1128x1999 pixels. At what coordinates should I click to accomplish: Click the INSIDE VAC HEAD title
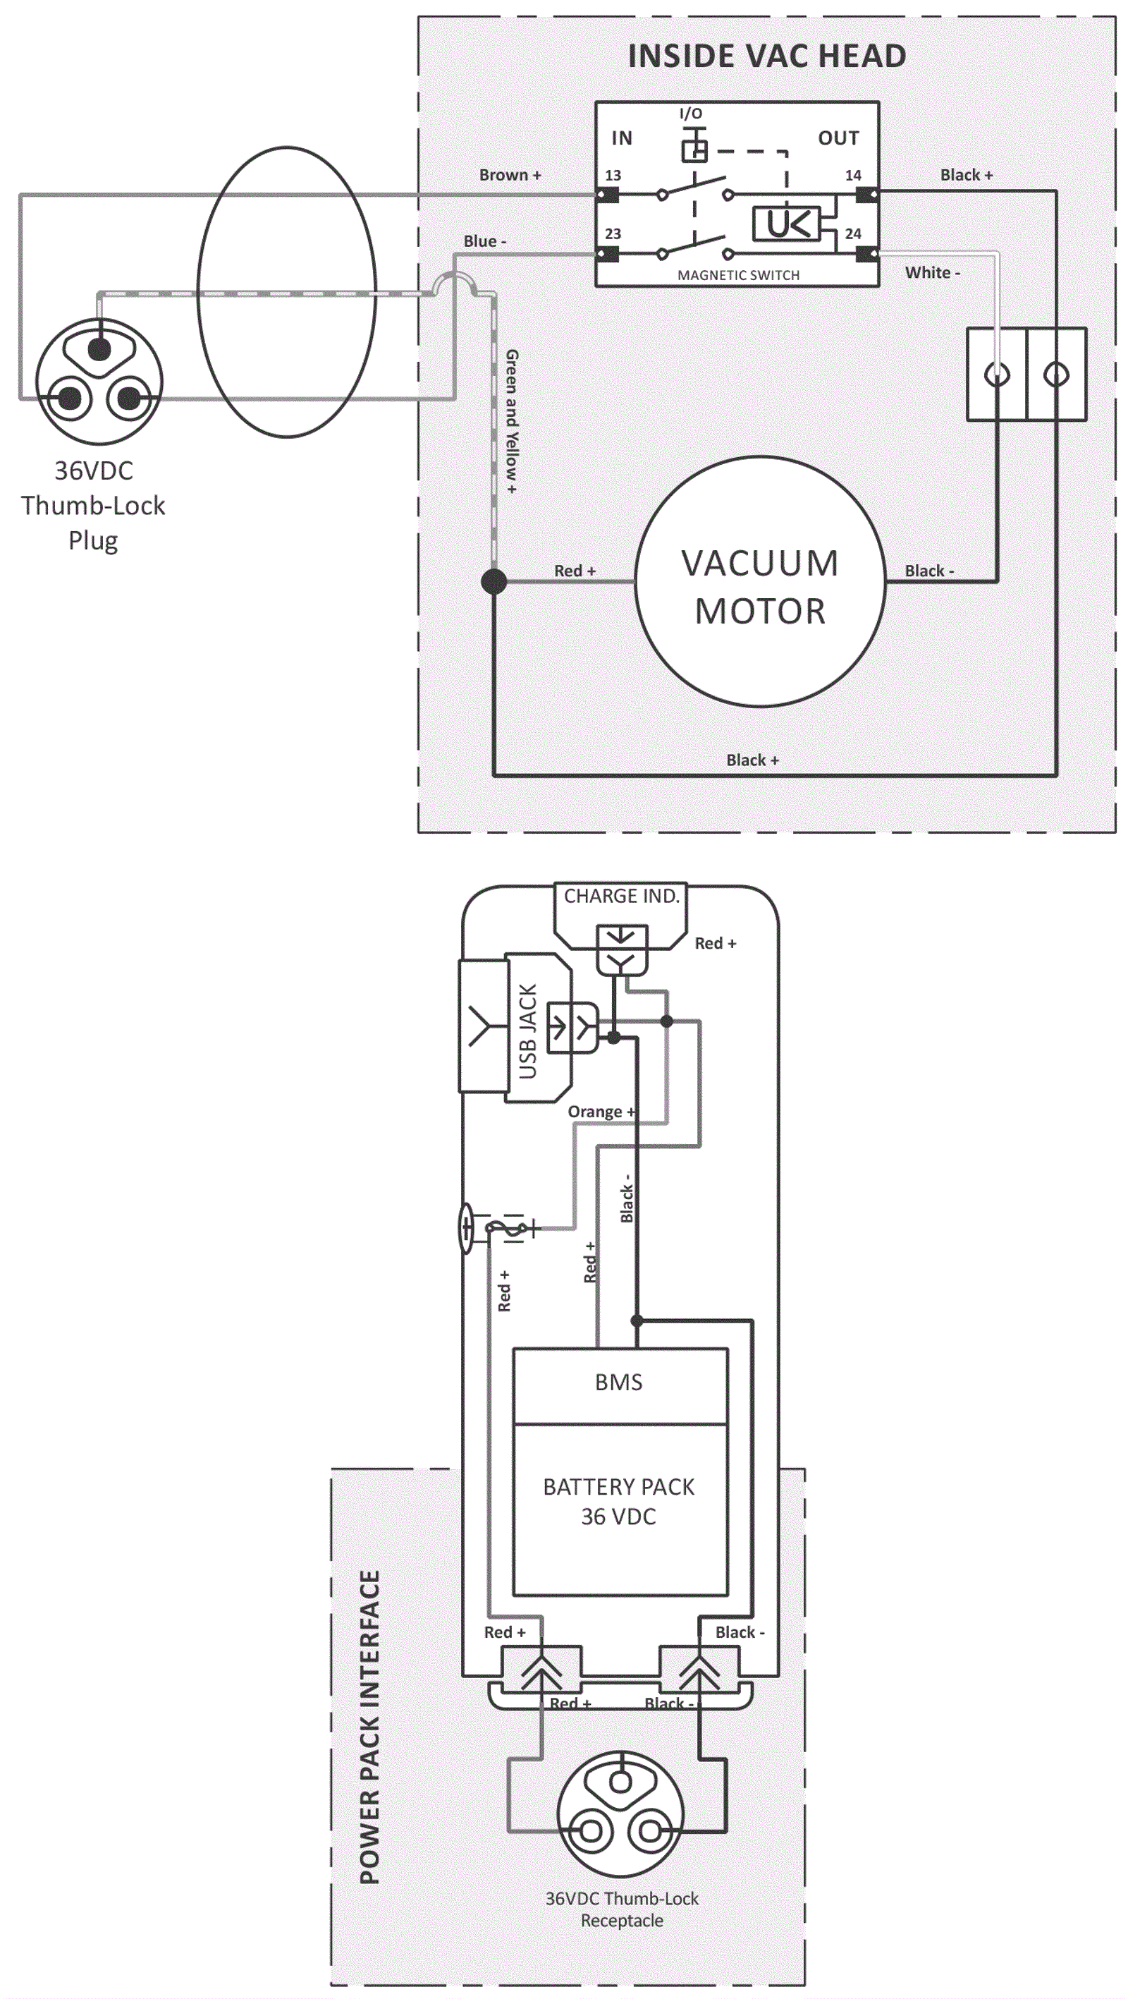(x=766, y=56)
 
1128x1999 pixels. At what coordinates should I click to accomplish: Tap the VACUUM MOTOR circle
(x=760, y=582)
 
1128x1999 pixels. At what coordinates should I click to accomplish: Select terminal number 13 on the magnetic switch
(x=613, y=176)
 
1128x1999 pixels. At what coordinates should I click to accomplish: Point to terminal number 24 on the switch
(x=853, y=233)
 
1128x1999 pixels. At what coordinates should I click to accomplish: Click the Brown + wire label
(x=510, y=176)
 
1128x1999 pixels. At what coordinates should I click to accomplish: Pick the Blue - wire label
(x=485, y=241)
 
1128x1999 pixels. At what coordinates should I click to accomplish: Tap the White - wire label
(x=933, y=272)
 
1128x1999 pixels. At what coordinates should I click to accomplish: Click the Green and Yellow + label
(x=512, y=421)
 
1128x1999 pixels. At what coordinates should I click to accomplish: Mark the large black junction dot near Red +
(x=494, y=581)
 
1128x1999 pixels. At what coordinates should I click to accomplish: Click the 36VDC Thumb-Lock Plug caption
(x=93, y=505)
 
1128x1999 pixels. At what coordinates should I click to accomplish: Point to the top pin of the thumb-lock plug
(x=99, y=349)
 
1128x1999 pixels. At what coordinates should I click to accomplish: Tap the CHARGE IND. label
(x=620, y=897)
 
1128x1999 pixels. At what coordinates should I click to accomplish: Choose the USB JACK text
(x=528, y=1031)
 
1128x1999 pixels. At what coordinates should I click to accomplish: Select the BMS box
(x=619, y=1382)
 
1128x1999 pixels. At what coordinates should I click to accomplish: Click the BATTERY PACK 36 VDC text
(x=619, y=1501)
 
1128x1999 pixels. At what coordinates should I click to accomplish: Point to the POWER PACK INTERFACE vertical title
(x=370, y=1727)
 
